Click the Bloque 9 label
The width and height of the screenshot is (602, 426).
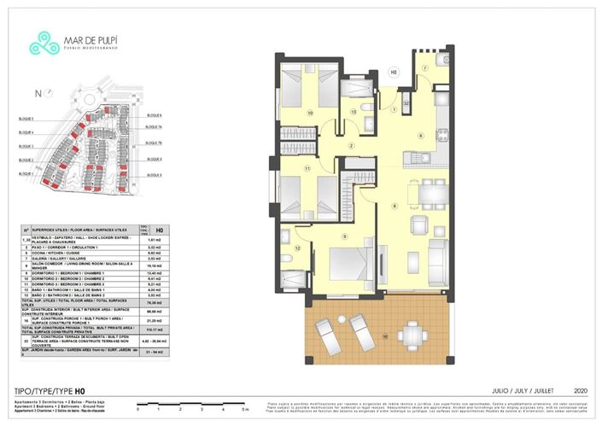coord(155,174)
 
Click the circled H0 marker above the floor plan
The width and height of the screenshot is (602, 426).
coord(394,72)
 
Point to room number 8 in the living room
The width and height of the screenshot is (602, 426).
coord(394,206)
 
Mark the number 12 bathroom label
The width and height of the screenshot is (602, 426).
coord(298,248)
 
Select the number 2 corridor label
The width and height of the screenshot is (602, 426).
coord(350,145)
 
